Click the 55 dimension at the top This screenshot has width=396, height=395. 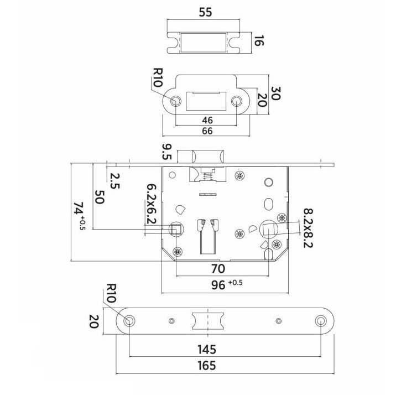(205, 12)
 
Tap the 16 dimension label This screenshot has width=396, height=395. (258, 41)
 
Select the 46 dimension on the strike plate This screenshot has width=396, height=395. (207, 120)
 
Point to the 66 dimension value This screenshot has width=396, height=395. (207, 131)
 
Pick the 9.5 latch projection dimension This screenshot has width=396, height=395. (167, 152)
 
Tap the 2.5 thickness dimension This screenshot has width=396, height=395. (114, 181)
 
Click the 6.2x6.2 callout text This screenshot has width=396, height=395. (152, 204)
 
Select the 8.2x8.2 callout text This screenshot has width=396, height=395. (308, 228)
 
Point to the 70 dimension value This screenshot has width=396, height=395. (218, 269)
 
